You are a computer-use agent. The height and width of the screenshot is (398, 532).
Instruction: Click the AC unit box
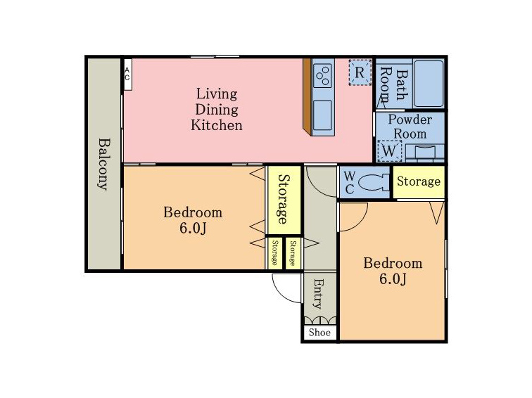tap(127, 75)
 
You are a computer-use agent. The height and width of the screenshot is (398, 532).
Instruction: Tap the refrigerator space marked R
tap(360, 72)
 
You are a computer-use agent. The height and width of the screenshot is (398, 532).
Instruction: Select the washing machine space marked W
tap(389, 151)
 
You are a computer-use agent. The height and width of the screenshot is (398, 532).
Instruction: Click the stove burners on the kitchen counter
tap(322, 76)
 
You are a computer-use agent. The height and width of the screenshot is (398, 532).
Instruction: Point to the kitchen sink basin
tap(322, 115)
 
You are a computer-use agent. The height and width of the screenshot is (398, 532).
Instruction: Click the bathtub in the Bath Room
tap(429, 84)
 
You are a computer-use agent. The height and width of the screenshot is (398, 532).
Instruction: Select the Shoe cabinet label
tap(319, 333)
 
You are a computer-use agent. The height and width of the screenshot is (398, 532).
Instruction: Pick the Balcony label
tap(104, 164)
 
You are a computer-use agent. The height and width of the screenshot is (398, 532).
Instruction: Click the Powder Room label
tap(410, 127)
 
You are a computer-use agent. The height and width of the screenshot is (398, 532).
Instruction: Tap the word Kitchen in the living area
tap(217, 125)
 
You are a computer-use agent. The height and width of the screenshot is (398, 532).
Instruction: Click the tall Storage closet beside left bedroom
tap(284, 199)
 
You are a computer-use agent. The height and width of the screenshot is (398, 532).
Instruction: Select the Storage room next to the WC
tap(419, 181)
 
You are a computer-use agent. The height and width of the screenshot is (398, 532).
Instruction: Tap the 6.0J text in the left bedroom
tap(193, 229)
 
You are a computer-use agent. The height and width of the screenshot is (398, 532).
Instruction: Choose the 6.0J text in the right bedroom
tap(393, 279)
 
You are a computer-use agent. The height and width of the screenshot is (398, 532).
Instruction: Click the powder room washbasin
tap(425, 152)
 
